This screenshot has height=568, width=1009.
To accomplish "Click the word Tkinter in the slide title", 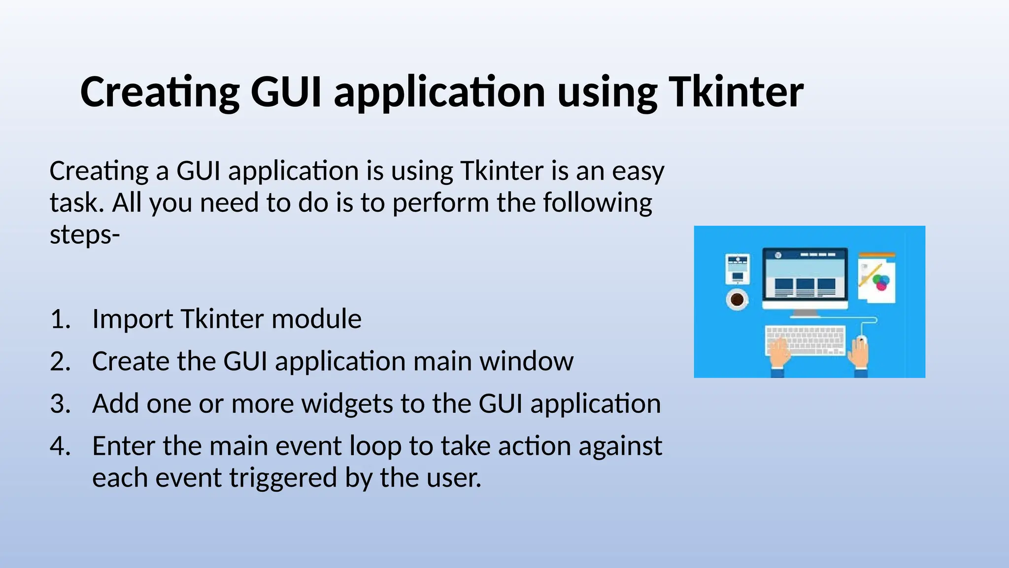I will click(x=736, y=92).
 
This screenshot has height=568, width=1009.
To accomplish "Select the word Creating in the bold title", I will click(x=160, y=92).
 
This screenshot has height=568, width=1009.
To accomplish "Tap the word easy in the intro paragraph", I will click(x=638, y=172).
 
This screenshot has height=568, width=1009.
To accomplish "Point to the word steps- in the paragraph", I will click(x=85, y=235).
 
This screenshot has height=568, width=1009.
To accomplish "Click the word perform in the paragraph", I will click(x=440, y=203).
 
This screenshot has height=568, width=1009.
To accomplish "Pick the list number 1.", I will click(x=60, y=319).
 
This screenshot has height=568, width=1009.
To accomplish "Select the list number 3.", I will click(x=60, y=404).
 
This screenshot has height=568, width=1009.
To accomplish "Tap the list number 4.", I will click(x=60, y=446).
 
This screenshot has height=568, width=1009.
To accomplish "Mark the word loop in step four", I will click(x=375, y=446).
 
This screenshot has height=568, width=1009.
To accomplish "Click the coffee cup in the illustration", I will click(x=737, y=299).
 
